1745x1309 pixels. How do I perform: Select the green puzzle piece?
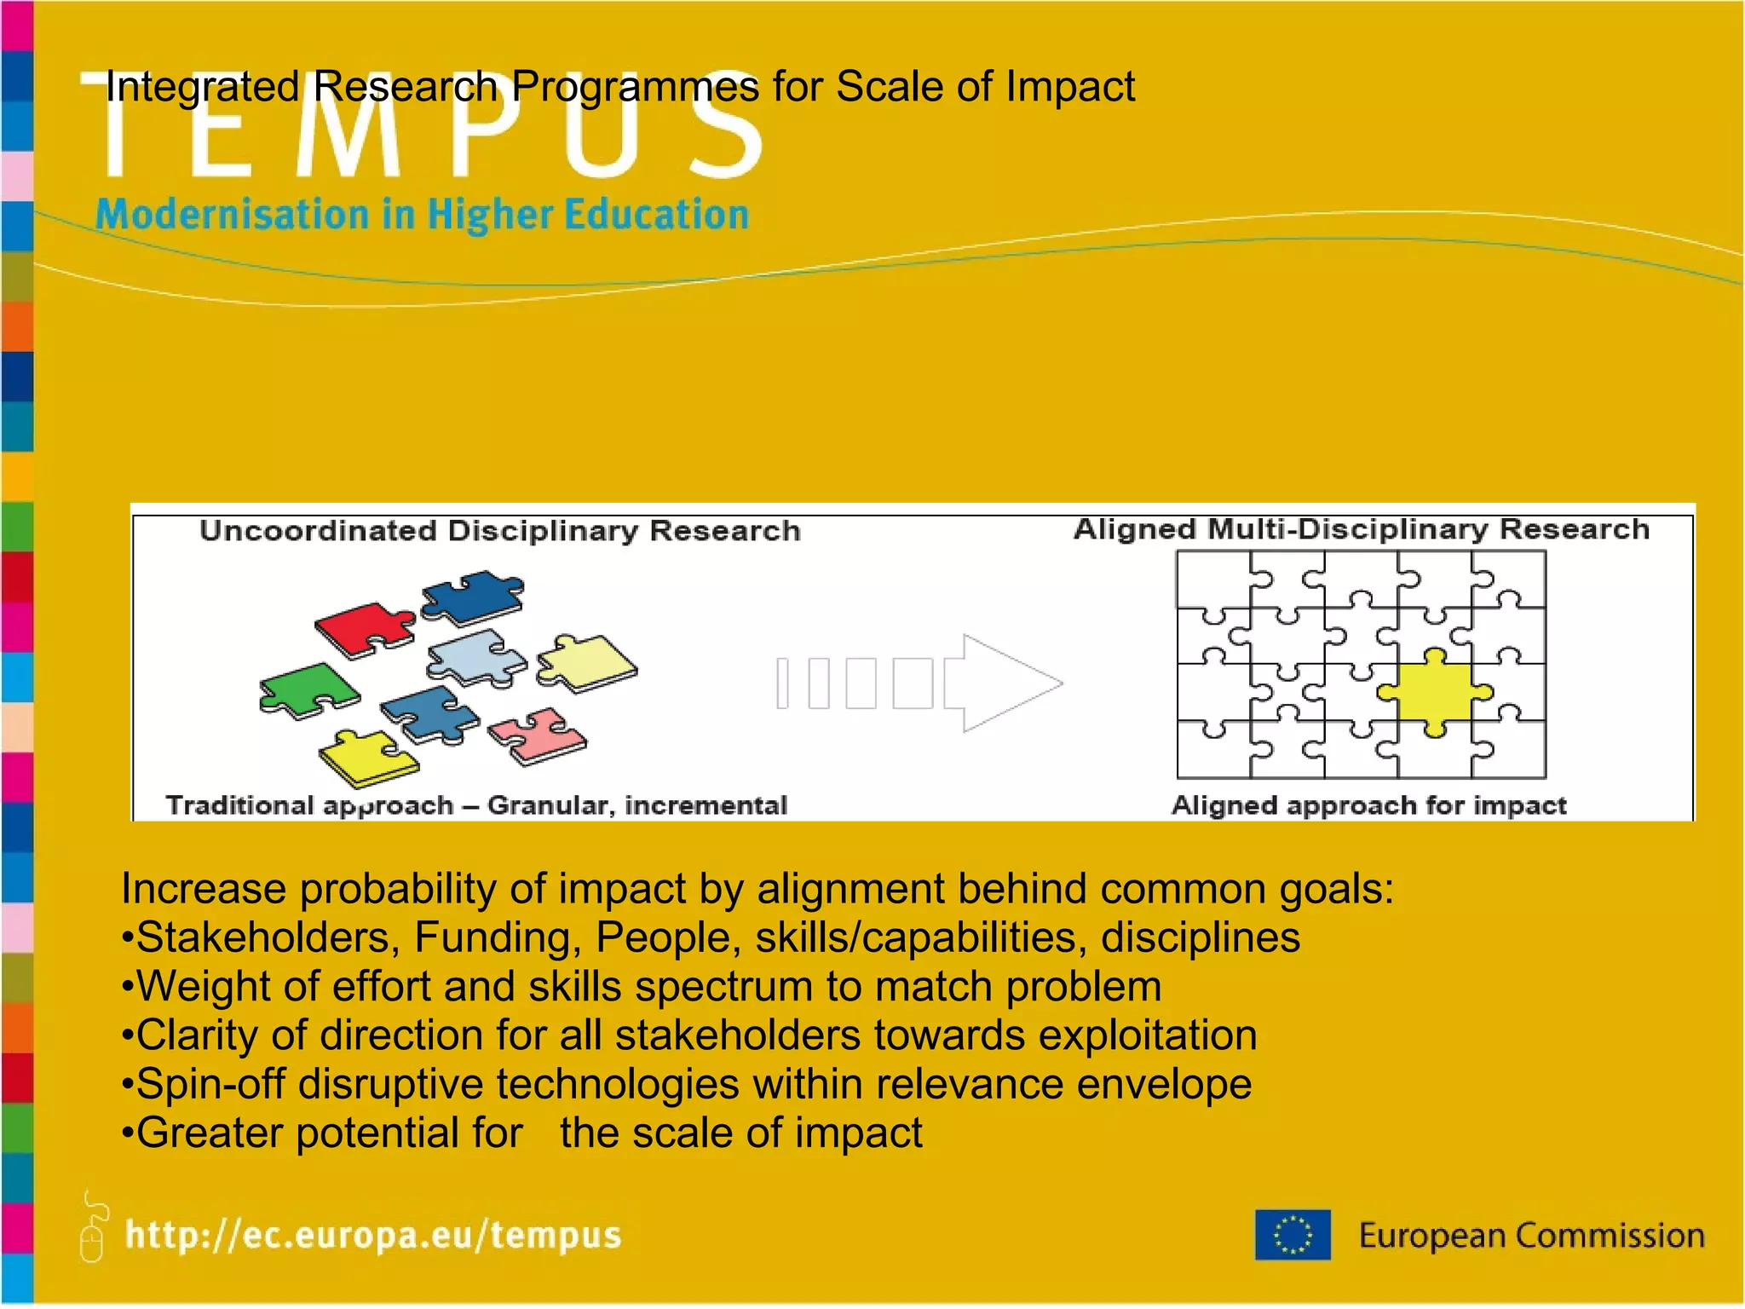click(308, 689)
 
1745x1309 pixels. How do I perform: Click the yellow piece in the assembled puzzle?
click(1435, 692)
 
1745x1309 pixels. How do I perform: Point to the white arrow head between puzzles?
click(1010, 683)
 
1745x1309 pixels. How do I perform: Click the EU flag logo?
click(1292, 1235)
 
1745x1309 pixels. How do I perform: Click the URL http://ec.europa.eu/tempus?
click(373, 1235)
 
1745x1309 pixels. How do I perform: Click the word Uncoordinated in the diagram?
click(319, 531)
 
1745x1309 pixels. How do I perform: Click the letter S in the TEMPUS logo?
click(724, 128)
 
